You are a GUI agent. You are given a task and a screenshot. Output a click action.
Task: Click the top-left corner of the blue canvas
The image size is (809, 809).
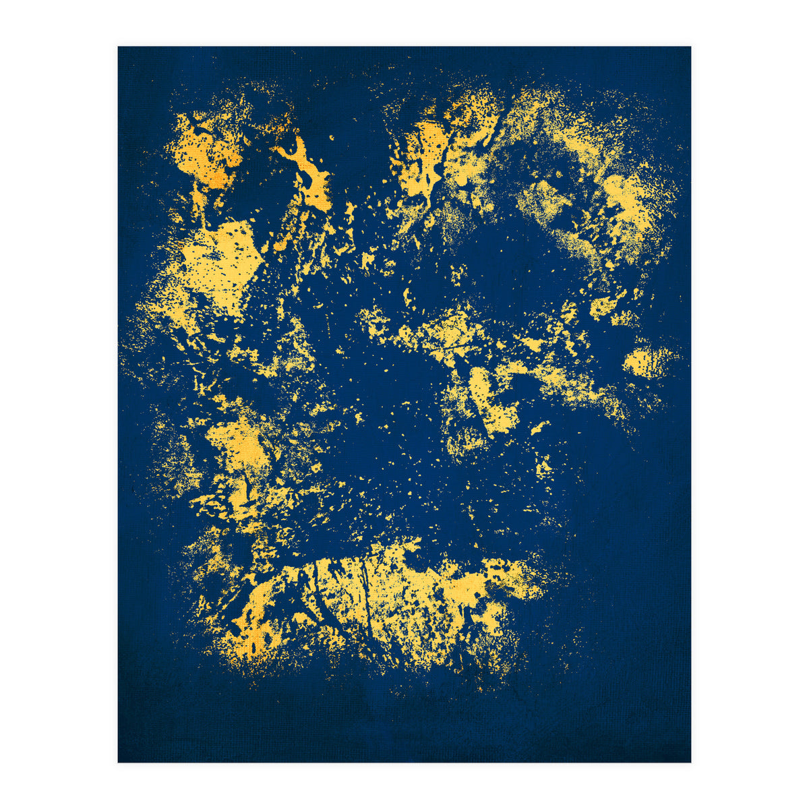click(x=119, y=47)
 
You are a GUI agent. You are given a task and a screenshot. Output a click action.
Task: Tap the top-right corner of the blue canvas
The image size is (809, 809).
click(x=690, y=47)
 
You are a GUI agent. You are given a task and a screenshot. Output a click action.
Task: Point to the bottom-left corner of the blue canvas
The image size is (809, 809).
click(x=119, y=762)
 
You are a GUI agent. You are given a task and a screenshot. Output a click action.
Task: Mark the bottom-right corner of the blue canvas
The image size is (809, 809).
click(x=690, y=762)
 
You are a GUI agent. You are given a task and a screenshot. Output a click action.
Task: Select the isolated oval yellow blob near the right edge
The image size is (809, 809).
click(x=646, y=363)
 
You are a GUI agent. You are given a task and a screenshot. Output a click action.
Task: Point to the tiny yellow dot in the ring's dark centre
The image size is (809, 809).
click(x=558, y=174)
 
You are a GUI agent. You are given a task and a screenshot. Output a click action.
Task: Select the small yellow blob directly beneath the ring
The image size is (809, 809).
click(x=603, y=307)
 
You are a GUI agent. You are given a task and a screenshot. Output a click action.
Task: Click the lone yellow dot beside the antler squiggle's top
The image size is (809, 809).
click(x=332, y=138)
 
